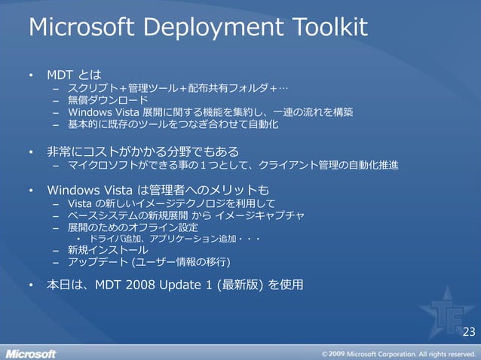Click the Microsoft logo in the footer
click(x=31, y=352)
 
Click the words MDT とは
click(x=74, y=75)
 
